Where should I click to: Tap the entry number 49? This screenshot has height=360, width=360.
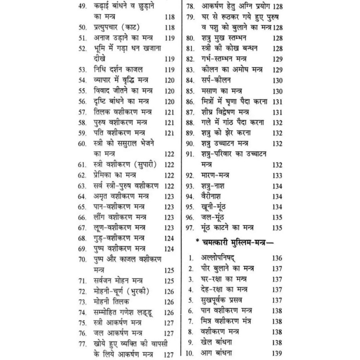pyautogui.click(x=82, y=7)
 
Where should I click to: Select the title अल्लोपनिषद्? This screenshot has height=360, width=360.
pyautogui.click(x=221, y=258)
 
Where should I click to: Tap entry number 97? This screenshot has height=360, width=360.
pyautogui.click(x=190, y=228)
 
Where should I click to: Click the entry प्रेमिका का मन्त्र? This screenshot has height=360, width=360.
pyautogui.click(x=117, y=175)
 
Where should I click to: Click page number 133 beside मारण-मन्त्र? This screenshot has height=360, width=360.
pyautogui.click(x=278, y=175)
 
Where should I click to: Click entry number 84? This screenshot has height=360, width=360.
pyautogui.click(x=190, y=80)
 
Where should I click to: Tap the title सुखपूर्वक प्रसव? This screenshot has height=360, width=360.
pyautogui.click(x=223, y=301)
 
